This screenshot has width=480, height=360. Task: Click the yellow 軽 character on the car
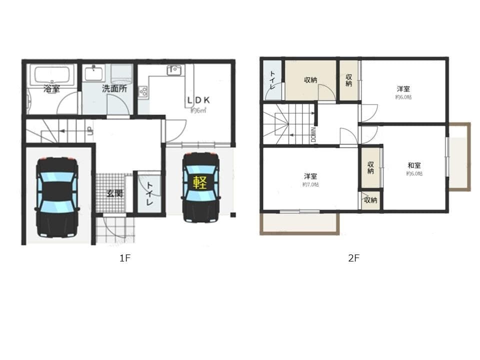coord(200,182)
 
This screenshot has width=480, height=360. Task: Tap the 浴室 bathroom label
coord(51,89)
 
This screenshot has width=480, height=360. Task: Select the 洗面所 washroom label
coord(114,89)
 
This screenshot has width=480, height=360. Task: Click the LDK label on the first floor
coord(198,100)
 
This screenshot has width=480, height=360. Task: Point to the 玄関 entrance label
coord(114,193)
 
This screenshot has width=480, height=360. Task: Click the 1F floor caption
coord(124,258)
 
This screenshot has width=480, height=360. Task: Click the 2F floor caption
coord(354,258)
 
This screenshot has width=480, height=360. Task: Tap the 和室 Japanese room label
coord(414,165)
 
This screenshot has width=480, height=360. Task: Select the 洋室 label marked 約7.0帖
coord(310,176)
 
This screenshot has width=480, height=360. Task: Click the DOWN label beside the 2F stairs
coord(313,134)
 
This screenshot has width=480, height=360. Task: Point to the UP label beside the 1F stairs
coord(89,131)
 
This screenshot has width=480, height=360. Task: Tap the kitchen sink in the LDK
coord(174,70)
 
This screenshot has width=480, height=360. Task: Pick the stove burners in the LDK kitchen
coord(143,92)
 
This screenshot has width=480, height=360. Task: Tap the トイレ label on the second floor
coord(272,79)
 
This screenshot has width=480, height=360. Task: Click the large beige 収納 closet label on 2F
coord(310,80)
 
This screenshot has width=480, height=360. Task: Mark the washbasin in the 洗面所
coord(94,73)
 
